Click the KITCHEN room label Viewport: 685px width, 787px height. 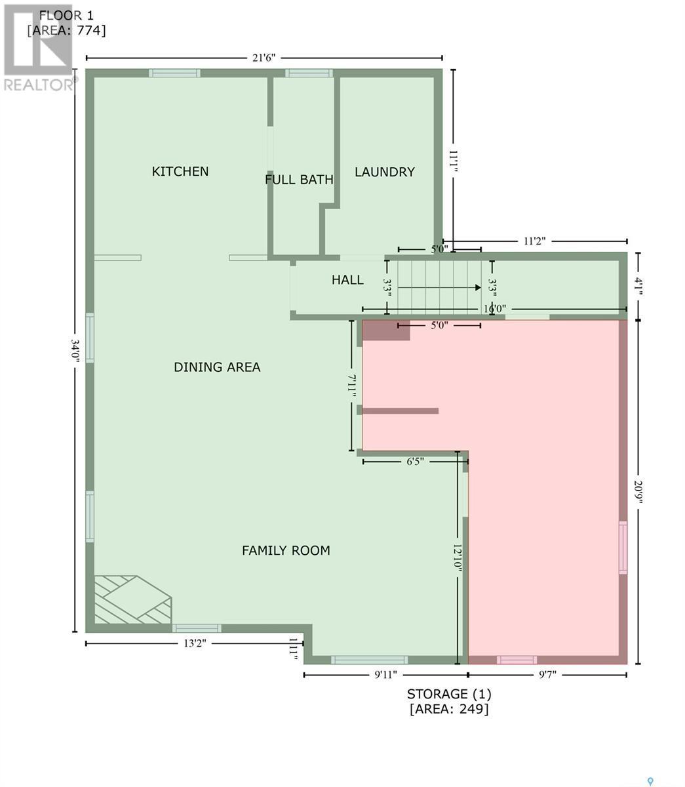[x=180, y=171]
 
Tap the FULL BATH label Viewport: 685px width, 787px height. [x=299, y=179]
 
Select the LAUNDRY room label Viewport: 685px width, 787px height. [x=385, y=172]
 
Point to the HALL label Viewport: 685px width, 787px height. [x=347, y=280]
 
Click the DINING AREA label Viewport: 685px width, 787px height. [x=217, y=367]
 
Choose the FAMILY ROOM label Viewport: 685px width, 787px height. [x=286, y=550]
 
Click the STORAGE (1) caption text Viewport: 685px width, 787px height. [x=449, y=694]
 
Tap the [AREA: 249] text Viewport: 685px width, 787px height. [x=449, y=709]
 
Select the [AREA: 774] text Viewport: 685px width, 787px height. [x=66, y=30]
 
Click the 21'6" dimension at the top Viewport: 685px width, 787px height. [x=264, y=58]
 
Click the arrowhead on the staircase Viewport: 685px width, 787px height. [x=479, y=287]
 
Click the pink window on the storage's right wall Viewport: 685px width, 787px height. [x=623, y=548]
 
